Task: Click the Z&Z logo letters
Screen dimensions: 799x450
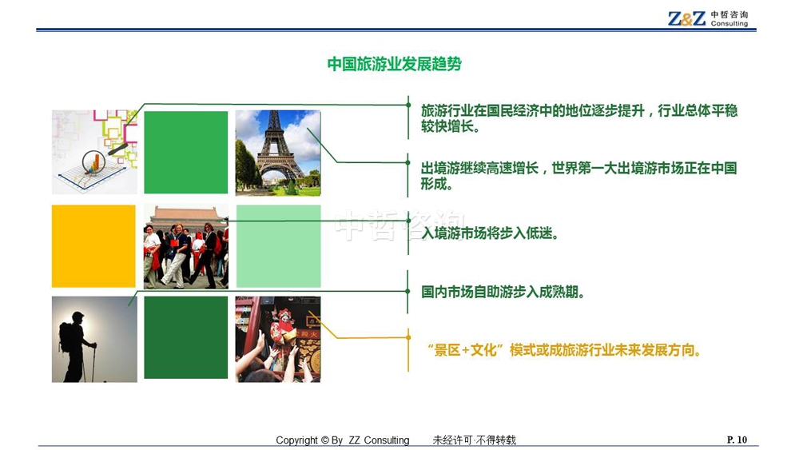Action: coord(686,19)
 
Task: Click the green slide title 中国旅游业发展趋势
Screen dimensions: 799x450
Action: coord(395,64)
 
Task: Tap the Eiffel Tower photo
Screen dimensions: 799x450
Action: coord(278,153)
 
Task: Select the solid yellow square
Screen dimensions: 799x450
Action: coord(93,246)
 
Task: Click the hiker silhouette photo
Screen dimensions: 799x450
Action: coord(94,340)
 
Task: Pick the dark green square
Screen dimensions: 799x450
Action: coord(186,337)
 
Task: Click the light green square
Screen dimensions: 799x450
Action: coord(278,246)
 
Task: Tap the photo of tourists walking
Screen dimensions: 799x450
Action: coord(186,247)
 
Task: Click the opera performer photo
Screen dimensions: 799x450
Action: coord(278,340)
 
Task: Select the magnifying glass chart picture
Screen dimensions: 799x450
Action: coord(94,152)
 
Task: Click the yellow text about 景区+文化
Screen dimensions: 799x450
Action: coord(564,350)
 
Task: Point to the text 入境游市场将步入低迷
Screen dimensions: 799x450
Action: coord(490,233)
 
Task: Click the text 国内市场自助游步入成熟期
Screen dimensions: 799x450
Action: coord(503,292)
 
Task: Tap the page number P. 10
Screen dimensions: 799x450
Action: coord(737,440)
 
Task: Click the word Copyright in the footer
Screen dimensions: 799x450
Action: coord(296,440)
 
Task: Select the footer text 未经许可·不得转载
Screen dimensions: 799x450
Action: coord(475,440)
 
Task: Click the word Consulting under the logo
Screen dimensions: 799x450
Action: coord(729,23)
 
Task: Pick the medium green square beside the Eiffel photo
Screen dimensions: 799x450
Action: coord(186,153)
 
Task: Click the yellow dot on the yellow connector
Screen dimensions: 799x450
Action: coord(408,337)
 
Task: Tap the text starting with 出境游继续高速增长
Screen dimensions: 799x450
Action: coord(578,176)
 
